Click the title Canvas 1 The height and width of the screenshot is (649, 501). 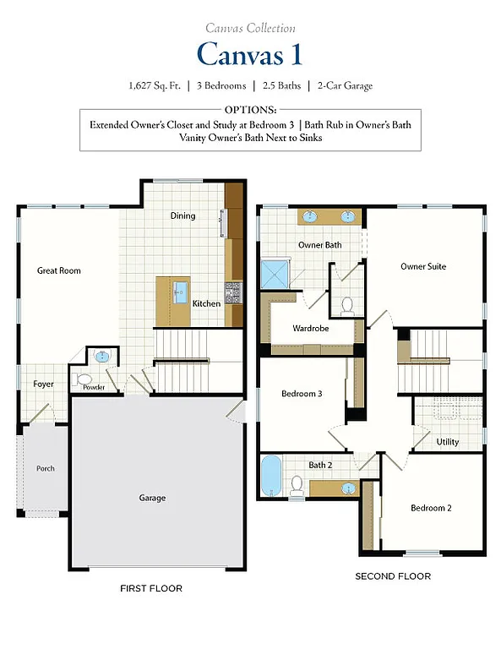click(x=249, y=54)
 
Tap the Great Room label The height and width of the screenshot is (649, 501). click(x=58, y=270)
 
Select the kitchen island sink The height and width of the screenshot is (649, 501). click(x=180, y=293)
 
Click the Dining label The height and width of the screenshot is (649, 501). click(x=182, y=215)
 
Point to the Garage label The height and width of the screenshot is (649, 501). click(x=152, y=498)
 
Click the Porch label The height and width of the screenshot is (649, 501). click(x=45, y=468)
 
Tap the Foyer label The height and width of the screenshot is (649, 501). click(x=43, y=384)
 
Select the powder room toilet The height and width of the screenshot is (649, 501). click(x=83, y=379)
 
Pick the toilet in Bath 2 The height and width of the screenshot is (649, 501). click(x=297, y=484)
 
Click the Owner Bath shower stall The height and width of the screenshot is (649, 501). click(x=275, y=273)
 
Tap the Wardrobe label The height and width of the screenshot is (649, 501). click(x=310, y=328)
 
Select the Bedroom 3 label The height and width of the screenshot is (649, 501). click(x=301, y=393)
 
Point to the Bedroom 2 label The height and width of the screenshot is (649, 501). click(x=431, y=508)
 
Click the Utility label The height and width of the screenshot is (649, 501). click(x=448, y=442)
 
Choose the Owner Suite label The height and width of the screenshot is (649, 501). click(x=422, y=266)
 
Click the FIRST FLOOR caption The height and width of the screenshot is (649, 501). click(x=152, y=588)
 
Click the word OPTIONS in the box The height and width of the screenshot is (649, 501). click(x=250, y=111)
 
